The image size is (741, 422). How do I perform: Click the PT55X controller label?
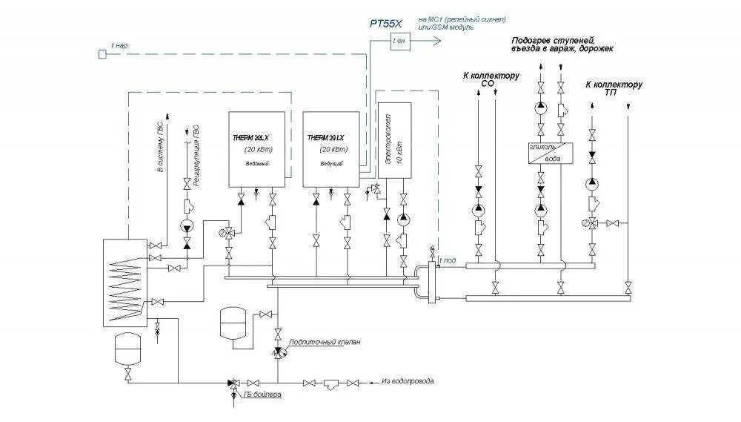pos(387,24)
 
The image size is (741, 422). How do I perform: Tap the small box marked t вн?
pos(400,42)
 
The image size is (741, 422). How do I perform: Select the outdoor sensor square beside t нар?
pos(102,53)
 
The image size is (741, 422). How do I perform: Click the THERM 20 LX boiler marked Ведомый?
pos(256,149)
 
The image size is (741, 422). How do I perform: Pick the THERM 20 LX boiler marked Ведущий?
pos(331,149)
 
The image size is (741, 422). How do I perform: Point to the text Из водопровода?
pos(408,381)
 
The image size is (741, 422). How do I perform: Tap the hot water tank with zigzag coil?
pos(124,283)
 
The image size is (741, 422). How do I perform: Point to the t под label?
pos(448,260)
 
